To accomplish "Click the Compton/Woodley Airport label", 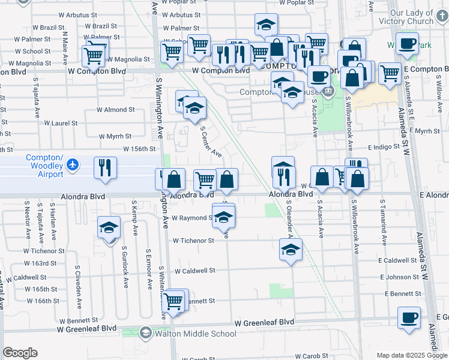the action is [x=44, y=166].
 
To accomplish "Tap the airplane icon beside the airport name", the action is [x=73, y=163].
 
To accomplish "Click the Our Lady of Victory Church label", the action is [x=420, y=17].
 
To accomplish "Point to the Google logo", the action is [x=20, y=353].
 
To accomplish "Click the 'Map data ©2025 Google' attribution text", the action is [x=412, y=355].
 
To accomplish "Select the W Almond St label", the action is [x=115, y=110].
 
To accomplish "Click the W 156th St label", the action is [x=139, y=149].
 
